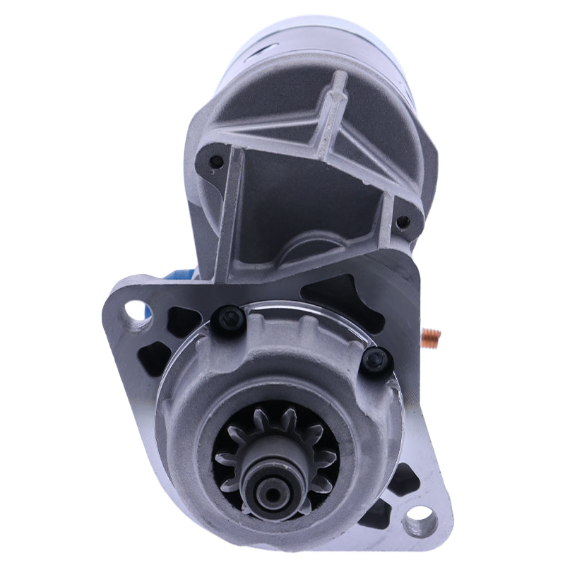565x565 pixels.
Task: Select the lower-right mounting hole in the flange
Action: (x=417, y=525)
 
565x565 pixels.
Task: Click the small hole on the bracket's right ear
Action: (x=403, y=222)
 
